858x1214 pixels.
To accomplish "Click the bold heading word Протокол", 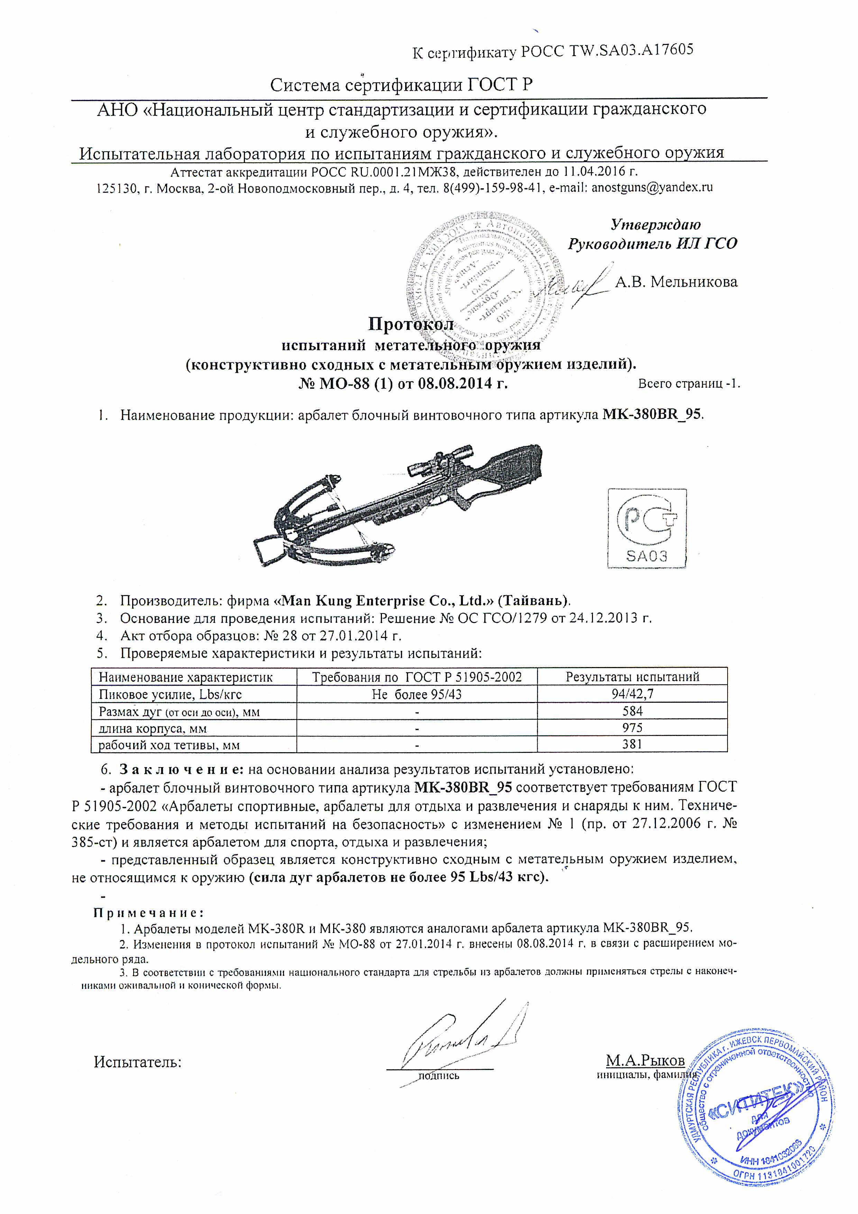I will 411,324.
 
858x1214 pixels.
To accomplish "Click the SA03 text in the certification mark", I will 646,556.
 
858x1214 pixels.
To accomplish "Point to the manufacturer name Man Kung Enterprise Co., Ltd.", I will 386,601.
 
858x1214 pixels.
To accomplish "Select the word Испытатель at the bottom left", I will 137,1062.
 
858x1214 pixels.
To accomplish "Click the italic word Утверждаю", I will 655,225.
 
